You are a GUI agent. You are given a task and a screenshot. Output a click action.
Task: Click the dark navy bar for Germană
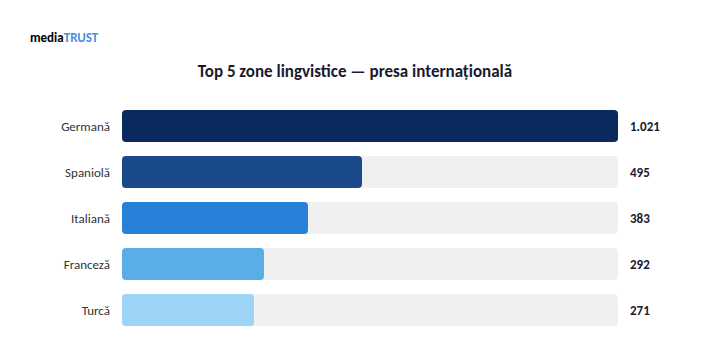coord(370,126)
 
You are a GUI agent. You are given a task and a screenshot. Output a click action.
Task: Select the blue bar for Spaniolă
coord(242,172)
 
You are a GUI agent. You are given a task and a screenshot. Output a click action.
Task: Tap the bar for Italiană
coord(215,218)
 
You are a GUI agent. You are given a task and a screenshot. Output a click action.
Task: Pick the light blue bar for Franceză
coord(193,264)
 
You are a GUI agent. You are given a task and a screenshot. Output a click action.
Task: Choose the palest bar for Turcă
coord(188,310)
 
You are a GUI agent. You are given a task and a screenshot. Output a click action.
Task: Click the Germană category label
coord(86,127)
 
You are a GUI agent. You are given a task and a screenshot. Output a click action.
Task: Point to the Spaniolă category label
coord(87,173)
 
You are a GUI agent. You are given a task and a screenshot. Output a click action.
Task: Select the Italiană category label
coord(91,219)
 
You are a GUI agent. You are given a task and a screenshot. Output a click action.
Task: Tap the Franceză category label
coord(86,265)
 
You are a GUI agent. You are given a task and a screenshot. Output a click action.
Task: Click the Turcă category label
coord(96,311)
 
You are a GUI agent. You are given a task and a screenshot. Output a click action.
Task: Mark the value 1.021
coord(645,127)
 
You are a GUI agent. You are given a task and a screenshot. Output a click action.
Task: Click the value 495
coord(640,173)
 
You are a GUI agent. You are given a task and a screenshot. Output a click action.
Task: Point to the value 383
coord(640,219)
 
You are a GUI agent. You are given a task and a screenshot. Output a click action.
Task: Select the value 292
coord(640,265)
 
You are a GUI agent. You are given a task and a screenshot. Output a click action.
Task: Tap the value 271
coord(640,311)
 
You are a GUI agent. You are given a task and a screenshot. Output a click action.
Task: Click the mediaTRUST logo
coord(64,38)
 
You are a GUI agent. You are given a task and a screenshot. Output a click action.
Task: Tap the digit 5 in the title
coord(231,72)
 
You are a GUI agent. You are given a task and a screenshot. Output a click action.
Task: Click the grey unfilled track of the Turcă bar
coord(436,310)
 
